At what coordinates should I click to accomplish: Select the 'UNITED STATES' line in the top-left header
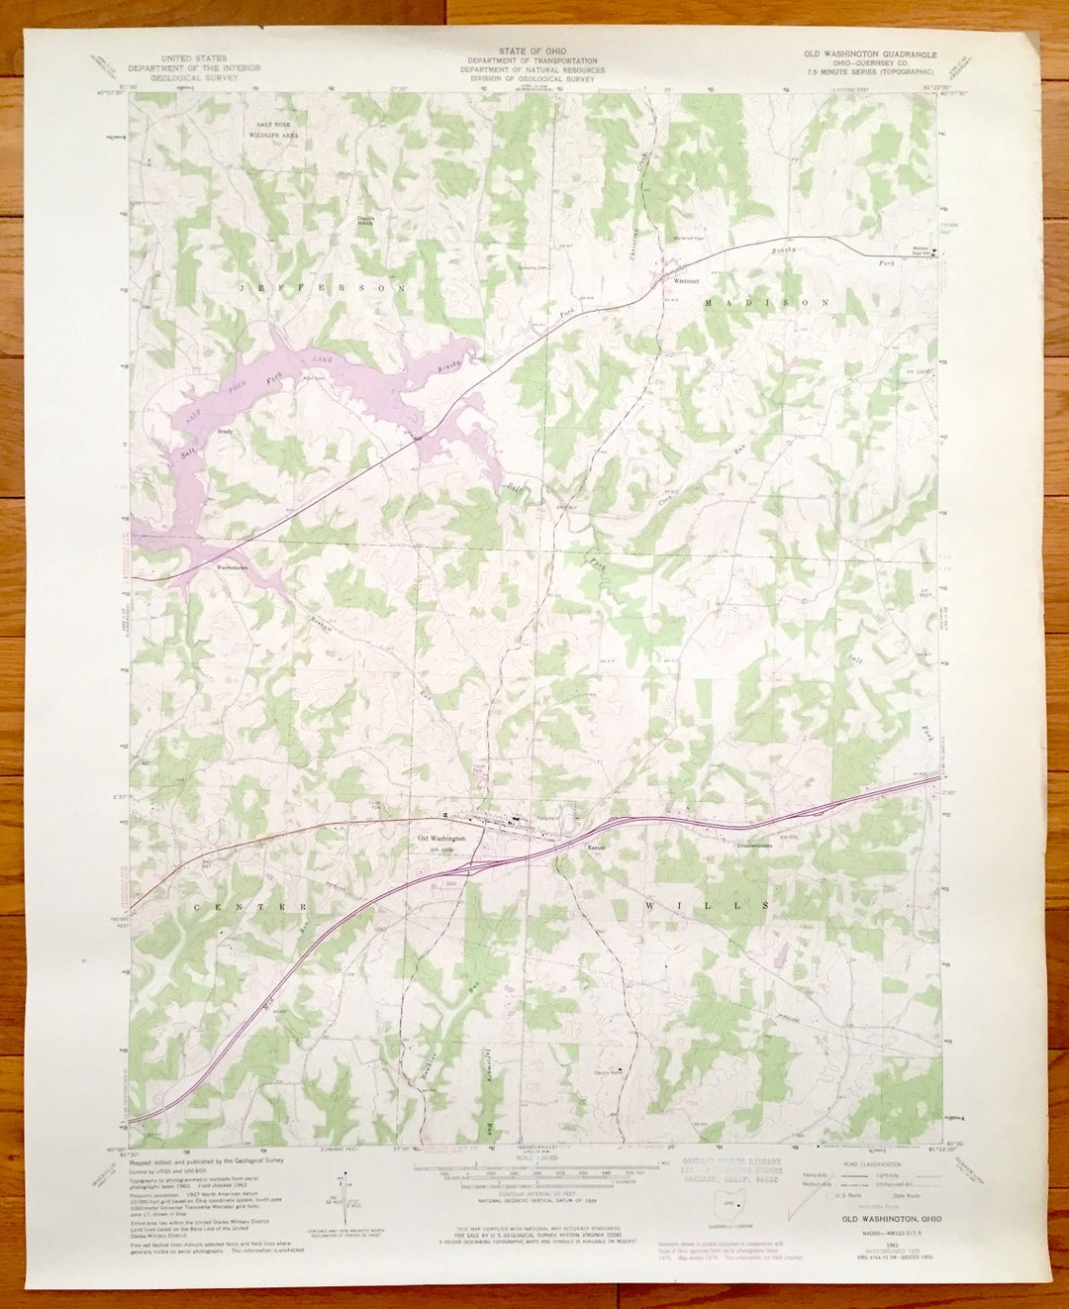click(194, 58)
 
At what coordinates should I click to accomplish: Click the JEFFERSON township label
click(321, 287)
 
